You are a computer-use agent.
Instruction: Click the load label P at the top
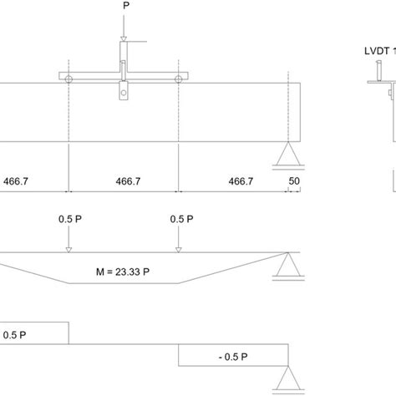pos(126,5)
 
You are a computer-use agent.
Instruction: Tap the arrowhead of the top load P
pos(124,39)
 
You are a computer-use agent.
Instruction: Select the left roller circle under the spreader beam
pos(69,79)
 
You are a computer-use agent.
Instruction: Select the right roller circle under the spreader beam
pos(179,79)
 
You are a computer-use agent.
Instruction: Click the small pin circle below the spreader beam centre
pos(124,93)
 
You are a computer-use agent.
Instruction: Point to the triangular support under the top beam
pos(288,154)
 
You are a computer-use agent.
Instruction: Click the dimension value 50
pos(294,181)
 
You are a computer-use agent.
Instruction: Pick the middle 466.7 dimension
pos(128,181)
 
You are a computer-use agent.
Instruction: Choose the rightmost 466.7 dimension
pos(241,181)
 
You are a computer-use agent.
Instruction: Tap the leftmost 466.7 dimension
pos(16,181)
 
